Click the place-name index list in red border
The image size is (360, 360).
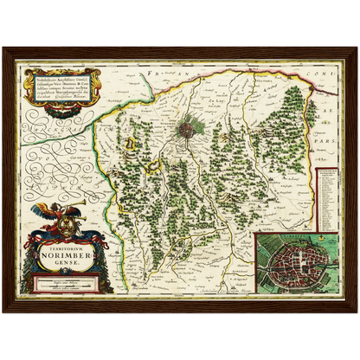(327, 199)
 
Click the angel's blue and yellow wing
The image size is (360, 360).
(40, 210)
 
